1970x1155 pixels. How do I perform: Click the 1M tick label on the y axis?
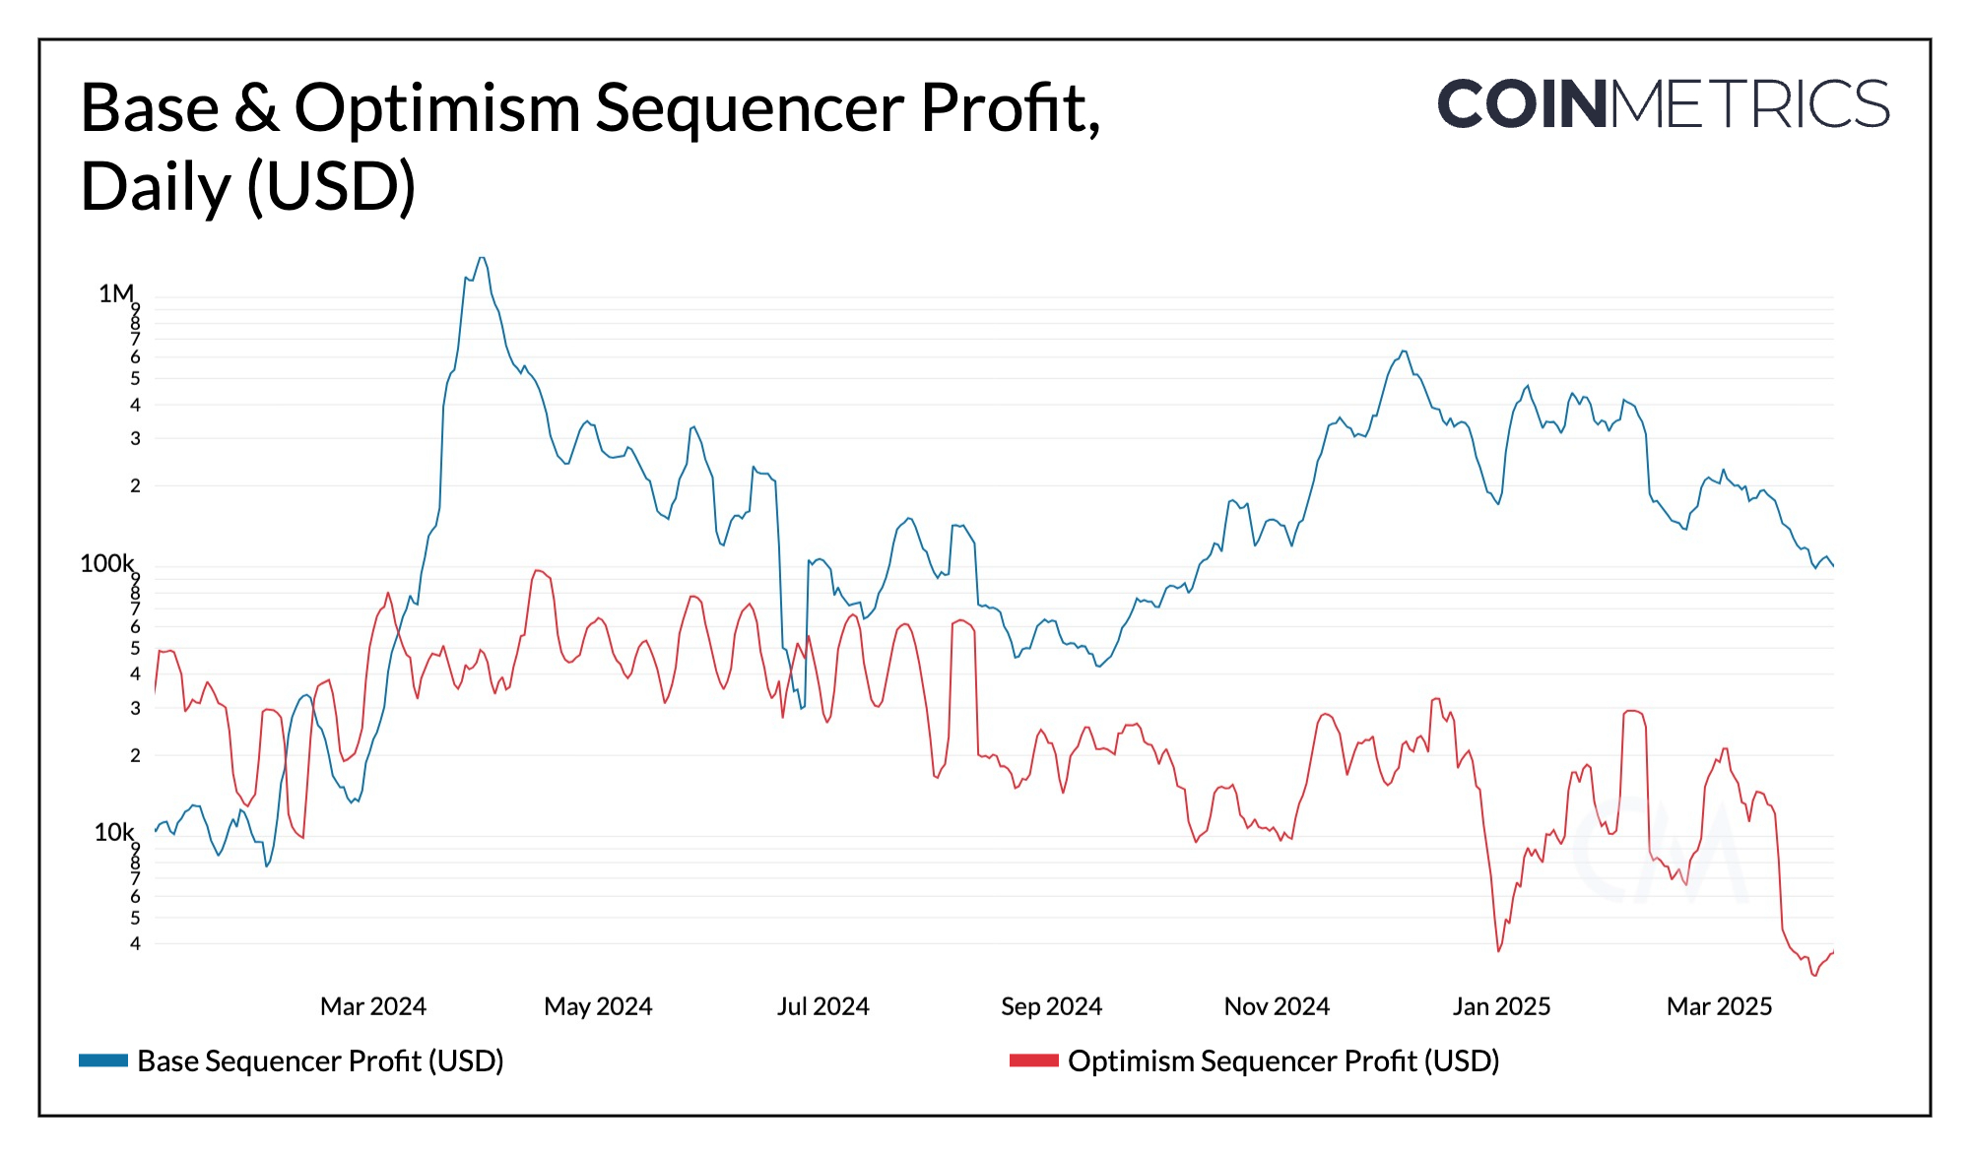point(115,293)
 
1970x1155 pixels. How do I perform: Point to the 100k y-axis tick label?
point(106,563)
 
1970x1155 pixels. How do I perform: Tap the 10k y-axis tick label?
point(113,832)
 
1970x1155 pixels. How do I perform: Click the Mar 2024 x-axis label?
point(372,1006)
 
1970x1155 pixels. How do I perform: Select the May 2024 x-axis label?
point(598,1006)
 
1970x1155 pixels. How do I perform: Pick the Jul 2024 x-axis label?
point(822,1006)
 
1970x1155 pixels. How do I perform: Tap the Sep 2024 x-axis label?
point(1051,1006)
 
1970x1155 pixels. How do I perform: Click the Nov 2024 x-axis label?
point(1277,1006)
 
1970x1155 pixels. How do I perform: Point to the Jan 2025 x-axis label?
point(1501,1006)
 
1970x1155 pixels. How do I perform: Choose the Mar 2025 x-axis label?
point(1719,1006)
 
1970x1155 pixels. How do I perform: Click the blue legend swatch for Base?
point(103,1060)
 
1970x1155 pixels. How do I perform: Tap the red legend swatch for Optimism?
point(1033,1060)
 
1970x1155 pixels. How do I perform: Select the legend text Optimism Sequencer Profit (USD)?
point(1283,1060)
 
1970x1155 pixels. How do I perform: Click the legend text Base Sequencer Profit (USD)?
point(320,1060)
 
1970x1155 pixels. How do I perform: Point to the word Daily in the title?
point(155,187)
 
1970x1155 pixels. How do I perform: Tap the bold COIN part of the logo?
point(1522,104)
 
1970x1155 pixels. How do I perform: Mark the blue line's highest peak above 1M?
point(481,258)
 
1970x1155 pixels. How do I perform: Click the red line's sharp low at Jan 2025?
point(1499,950)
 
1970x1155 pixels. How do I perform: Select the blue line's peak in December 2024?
point(1404,352)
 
